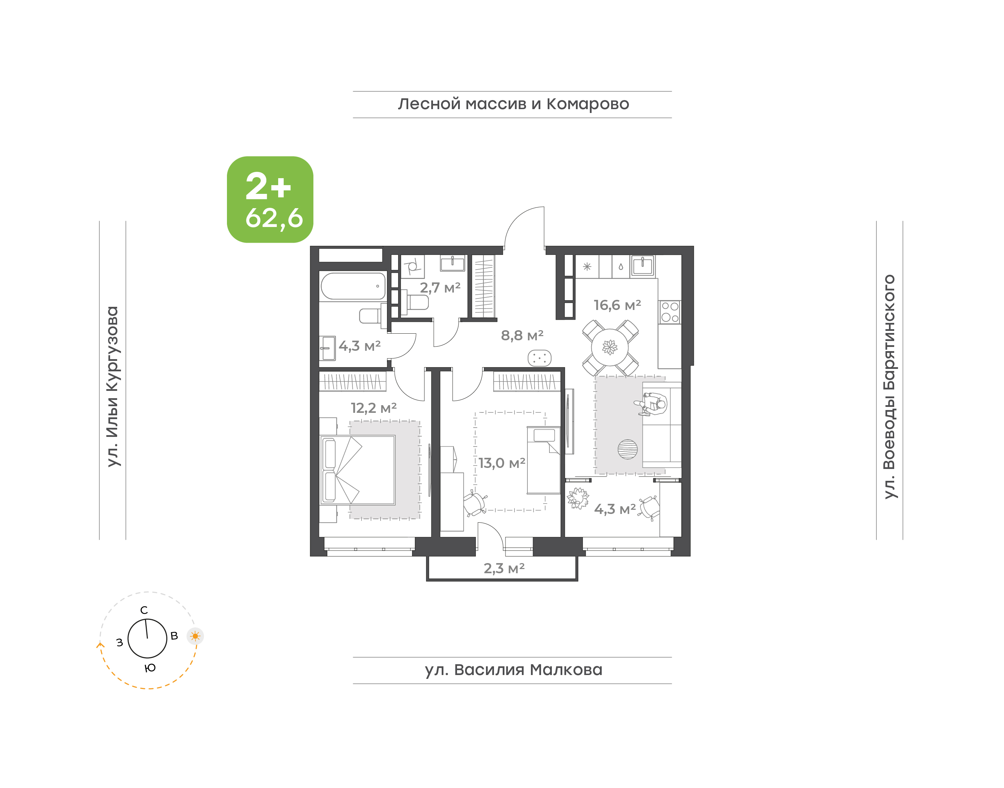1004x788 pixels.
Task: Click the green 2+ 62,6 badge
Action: tap(270, 199)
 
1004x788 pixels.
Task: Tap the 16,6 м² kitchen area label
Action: tap(617, 305)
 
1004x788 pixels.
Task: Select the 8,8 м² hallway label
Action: tap(522, 335)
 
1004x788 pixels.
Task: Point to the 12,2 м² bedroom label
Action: tap(374, 408)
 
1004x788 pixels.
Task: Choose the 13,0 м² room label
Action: tap(502, 463)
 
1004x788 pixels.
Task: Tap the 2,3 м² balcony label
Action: tap(504, 568)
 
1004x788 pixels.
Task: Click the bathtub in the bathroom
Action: tap(353, 286)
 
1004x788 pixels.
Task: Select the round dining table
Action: tap(610, 347)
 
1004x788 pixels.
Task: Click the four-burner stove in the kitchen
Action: tap(670, 312)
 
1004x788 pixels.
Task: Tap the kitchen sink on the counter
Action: tap(642, 266)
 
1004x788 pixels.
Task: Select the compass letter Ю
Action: tap(150, 668)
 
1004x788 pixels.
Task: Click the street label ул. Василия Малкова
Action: tap(513, 670)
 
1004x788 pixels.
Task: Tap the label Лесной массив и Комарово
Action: tap(513, 104)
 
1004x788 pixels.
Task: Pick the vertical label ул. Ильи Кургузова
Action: tap(113, 387)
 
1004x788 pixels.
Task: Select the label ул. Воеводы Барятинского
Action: tap(889, 387)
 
